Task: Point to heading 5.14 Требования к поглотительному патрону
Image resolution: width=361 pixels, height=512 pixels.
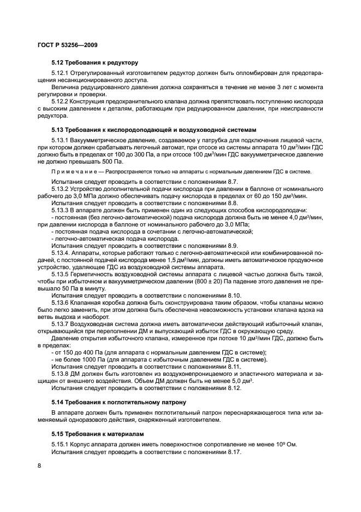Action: click(119, 402)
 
